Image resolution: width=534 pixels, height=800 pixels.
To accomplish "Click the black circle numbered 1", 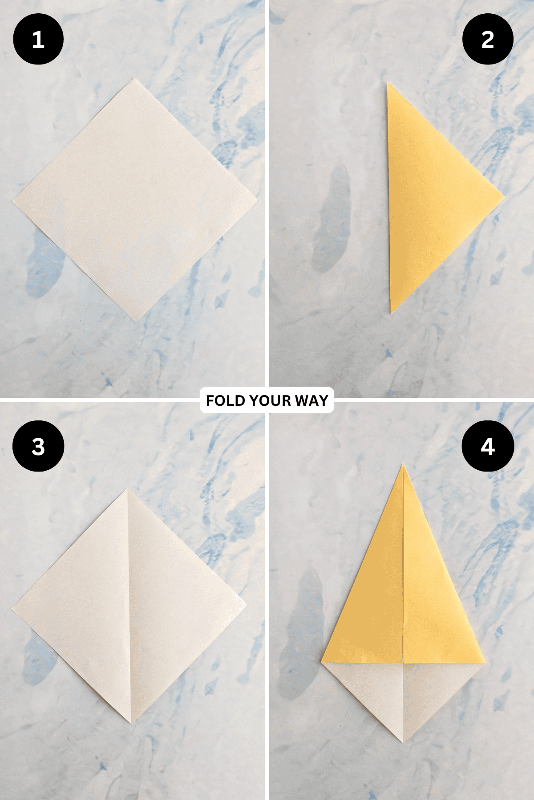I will (x=38, y=40).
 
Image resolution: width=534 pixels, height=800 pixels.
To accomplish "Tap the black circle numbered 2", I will (x=488, y=40).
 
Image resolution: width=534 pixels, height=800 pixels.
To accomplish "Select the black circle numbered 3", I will (x=38, y=446).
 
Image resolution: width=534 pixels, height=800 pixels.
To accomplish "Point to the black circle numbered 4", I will (x=488, y=446).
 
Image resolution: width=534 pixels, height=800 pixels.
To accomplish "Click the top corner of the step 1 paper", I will (x=134, y=79).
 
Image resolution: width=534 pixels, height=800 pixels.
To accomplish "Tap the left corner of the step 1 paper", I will (x=13, y=201).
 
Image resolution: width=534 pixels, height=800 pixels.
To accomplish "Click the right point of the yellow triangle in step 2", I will (x=503, y=196).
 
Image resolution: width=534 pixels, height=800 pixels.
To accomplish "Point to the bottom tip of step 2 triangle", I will (x=391, y=312).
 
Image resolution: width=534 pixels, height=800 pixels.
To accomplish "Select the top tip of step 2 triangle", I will (x=387, y=83).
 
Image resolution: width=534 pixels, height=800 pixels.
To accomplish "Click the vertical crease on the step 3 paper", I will (x=129, y=604).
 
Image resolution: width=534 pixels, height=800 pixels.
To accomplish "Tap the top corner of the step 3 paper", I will (x=127, y=489).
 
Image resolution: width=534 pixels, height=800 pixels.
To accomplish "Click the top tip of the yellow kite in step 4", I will (x=403, y=465).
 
